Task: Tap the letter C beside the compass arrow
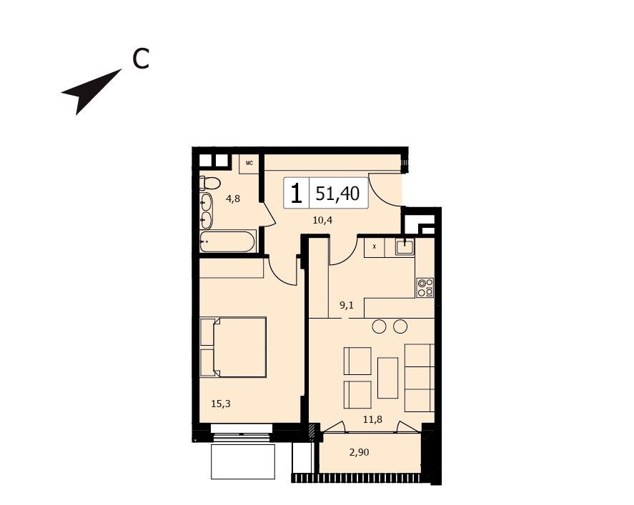(x=141, y=59)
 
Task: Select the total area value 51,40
(x=337, y=194)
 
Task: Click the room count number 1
(x=297, y=193)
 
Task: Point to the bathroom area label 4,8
(x=233, y=199)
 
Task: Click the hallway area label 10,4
(x=322, y=220)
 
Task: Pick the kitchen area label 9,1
(x=347, y=306)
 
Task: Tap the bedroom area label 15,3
(x=221, y=403)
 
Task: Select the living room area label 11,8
(x=372, y=419)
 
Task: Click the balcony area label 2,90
(x=359, y=452)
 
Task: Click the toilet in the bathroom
(x=209, y=183)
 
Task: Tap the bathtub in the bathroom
(x=227, y=241)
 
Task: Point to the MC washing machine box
(x=249, y=164)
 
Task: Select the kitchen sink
(x=405, y=246)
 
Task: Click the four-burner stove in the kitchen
(x=425, y=288)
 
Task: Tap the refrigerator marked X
(x=374, y=247)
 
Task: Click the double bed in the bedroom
(x=233, y=347)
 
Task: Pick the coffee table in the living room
(x=387, y=378)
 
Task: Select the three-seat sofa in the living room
(x=420, y=378)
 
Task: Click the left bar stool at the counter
(x=380, y=326)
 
